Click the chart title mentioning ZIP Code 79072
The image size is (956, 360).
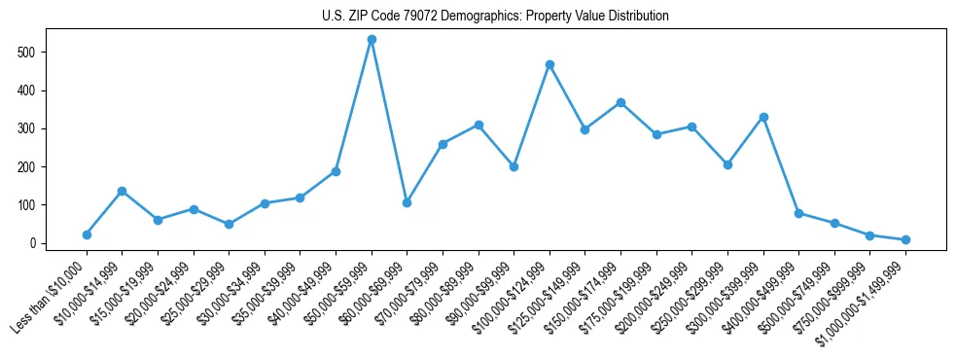tap(495, 16)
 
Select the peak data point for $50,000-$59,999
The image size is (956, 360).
tap(372, 39)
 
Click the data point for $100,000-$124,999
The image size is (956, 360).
tap(549, 64)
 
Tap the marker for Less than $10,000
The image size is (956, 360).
tap(87, 234)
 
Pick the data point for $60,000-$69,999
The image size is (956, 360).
tap(407, 202)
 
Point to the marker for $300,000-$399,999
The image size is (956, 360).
tap(763, 117)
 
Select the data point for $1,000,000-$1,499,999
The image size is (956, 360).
tap(905, 239)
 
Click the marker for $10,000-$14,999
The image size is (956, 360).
tap(122, 191)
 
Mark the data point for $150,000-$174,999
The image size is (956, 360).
tap(620, 102)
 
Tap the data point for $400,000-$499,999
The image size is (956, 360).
tap(798, 213)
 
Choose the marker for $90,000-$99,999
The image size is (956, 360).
tap(513, 166)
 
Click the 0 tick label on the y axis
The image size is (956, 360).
tap(32, 243)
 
